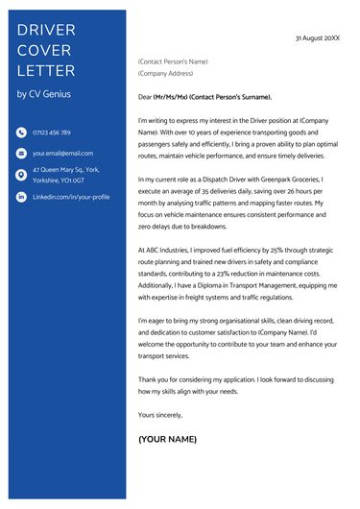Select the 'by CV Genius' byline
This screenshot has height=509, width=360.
click(x=43, y=93)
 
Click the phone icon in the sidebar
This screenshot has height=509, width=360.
click(x=21, y=133)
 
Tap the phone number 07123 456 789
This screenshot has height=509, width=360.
click(x=52, y=133)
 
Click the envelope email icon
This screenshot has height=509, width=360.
click(x=21, y=154)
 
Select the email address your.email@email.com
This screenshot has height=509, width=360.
click(x=62, y=154)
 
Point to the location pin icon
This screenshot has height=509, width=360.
click(x=21, y=175)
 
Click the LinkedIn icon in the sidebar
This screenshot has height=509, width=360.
click(x=21, y=196)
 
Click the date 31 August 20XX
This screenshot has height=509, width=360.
click(x=317, y=37)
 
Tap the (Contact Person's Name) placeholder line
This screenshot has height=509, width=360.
click(x=173, y=61)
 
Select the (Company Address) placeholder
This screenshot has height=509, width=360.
click(x=166, y=73)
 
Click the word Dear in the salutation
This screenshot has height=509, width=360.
click(x=146, y=97)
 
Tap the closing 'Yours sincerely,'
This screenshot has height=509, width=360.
click(x=160, y=414)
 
